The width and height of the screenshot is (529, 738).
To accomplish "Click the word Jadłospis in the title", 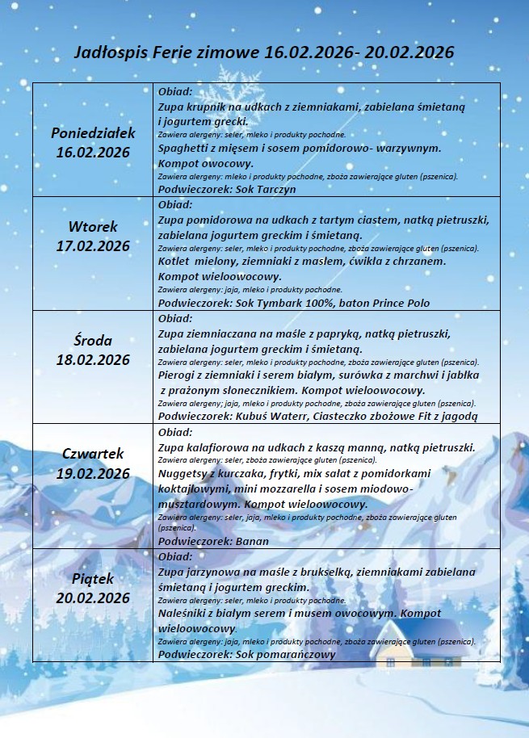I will pos(107,52).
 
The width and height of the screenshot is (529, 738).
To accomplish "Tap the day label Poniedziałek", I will pos(93,132).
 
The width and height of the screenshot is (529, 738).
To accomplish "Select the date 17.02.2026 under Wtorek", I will pos(93,245).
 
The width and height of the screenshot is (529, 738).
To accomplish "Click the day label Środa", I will pos(93,340).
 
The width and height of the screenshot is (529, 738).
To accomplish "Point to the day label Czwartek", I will pos(93,454).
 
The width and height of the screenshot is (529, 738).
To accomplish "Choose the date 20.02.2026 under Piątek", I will pos(93,598).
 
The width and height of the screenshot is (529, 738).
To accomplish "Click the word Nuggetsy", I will pos(185,473).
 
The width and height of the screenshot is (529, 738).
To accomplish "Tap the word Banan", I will pos(253,541).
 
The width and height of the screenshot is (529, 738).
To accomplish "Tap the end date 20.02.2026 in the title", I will pos(409,52).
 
